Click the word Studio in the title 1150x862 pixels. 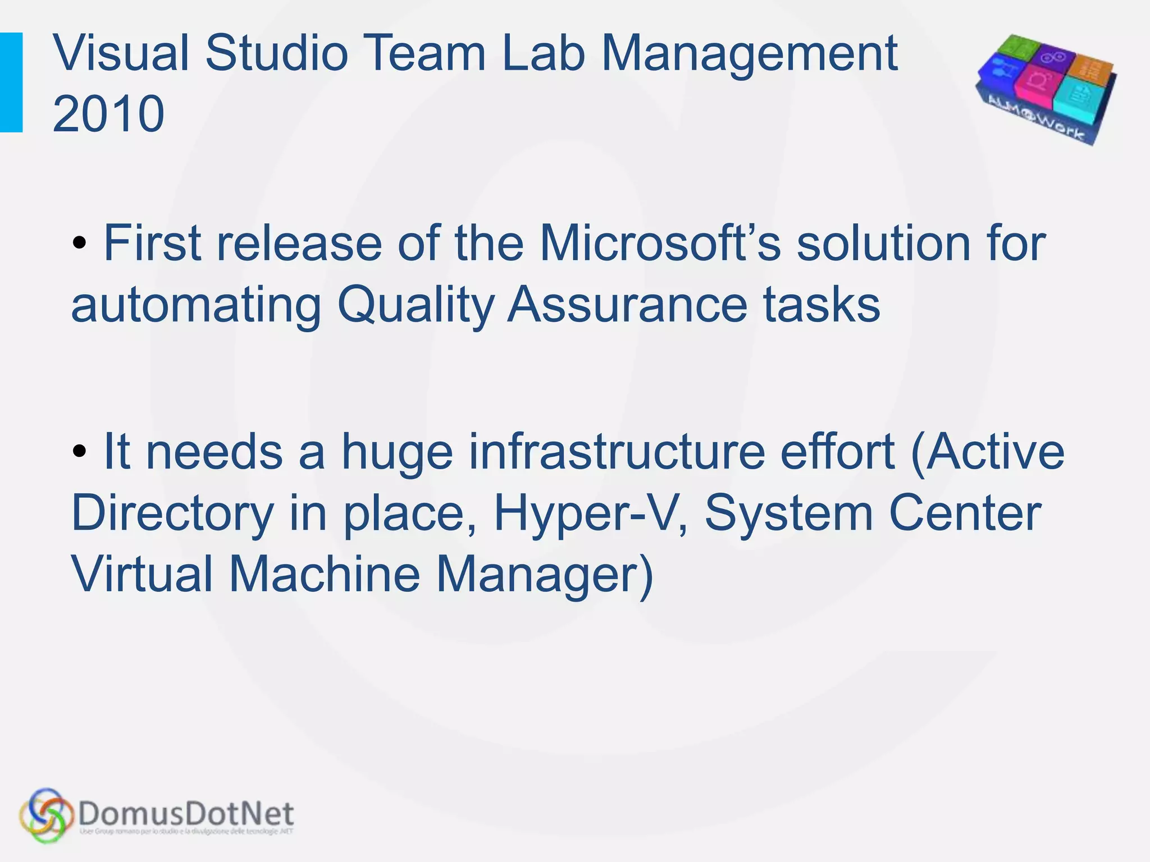(x=276, y=54)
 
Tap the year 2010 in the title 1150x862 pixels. (x=108, y=114)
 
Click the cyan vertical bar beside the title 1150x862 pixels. (x=11, y=82)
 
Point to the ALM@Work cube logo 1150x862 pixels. (x=1046, y=89)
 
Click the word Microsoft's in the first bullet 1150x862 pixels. (x=660, y=244)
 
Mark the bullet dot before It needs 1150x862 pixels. (x=80, y=451)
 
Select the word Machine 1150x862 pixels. (x=325, y=575)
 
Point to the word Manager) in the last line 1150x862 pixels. (x=545, y=576)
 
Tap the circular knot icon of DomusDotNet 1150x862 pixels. (x=46, y=815)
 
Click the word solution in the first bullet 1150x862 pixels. (x=883, y=244)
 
